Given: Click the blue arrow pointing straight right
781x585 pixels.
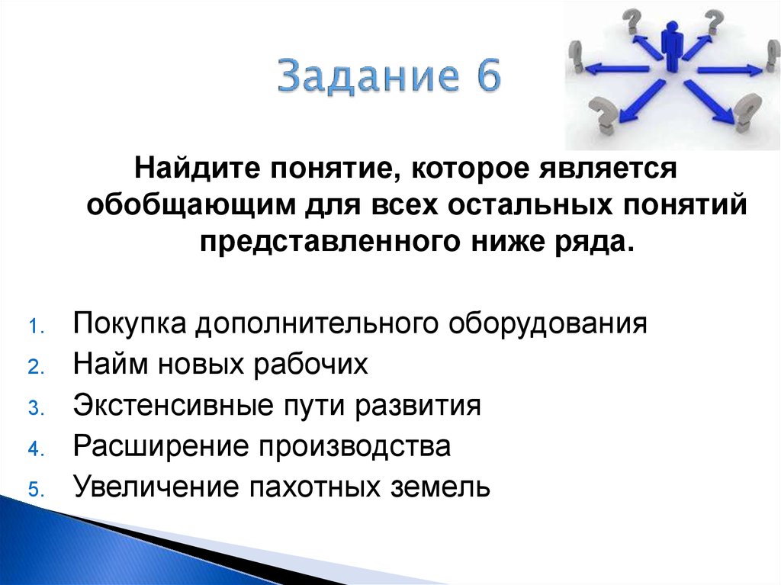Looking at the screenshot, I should (x=728, y=70).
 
